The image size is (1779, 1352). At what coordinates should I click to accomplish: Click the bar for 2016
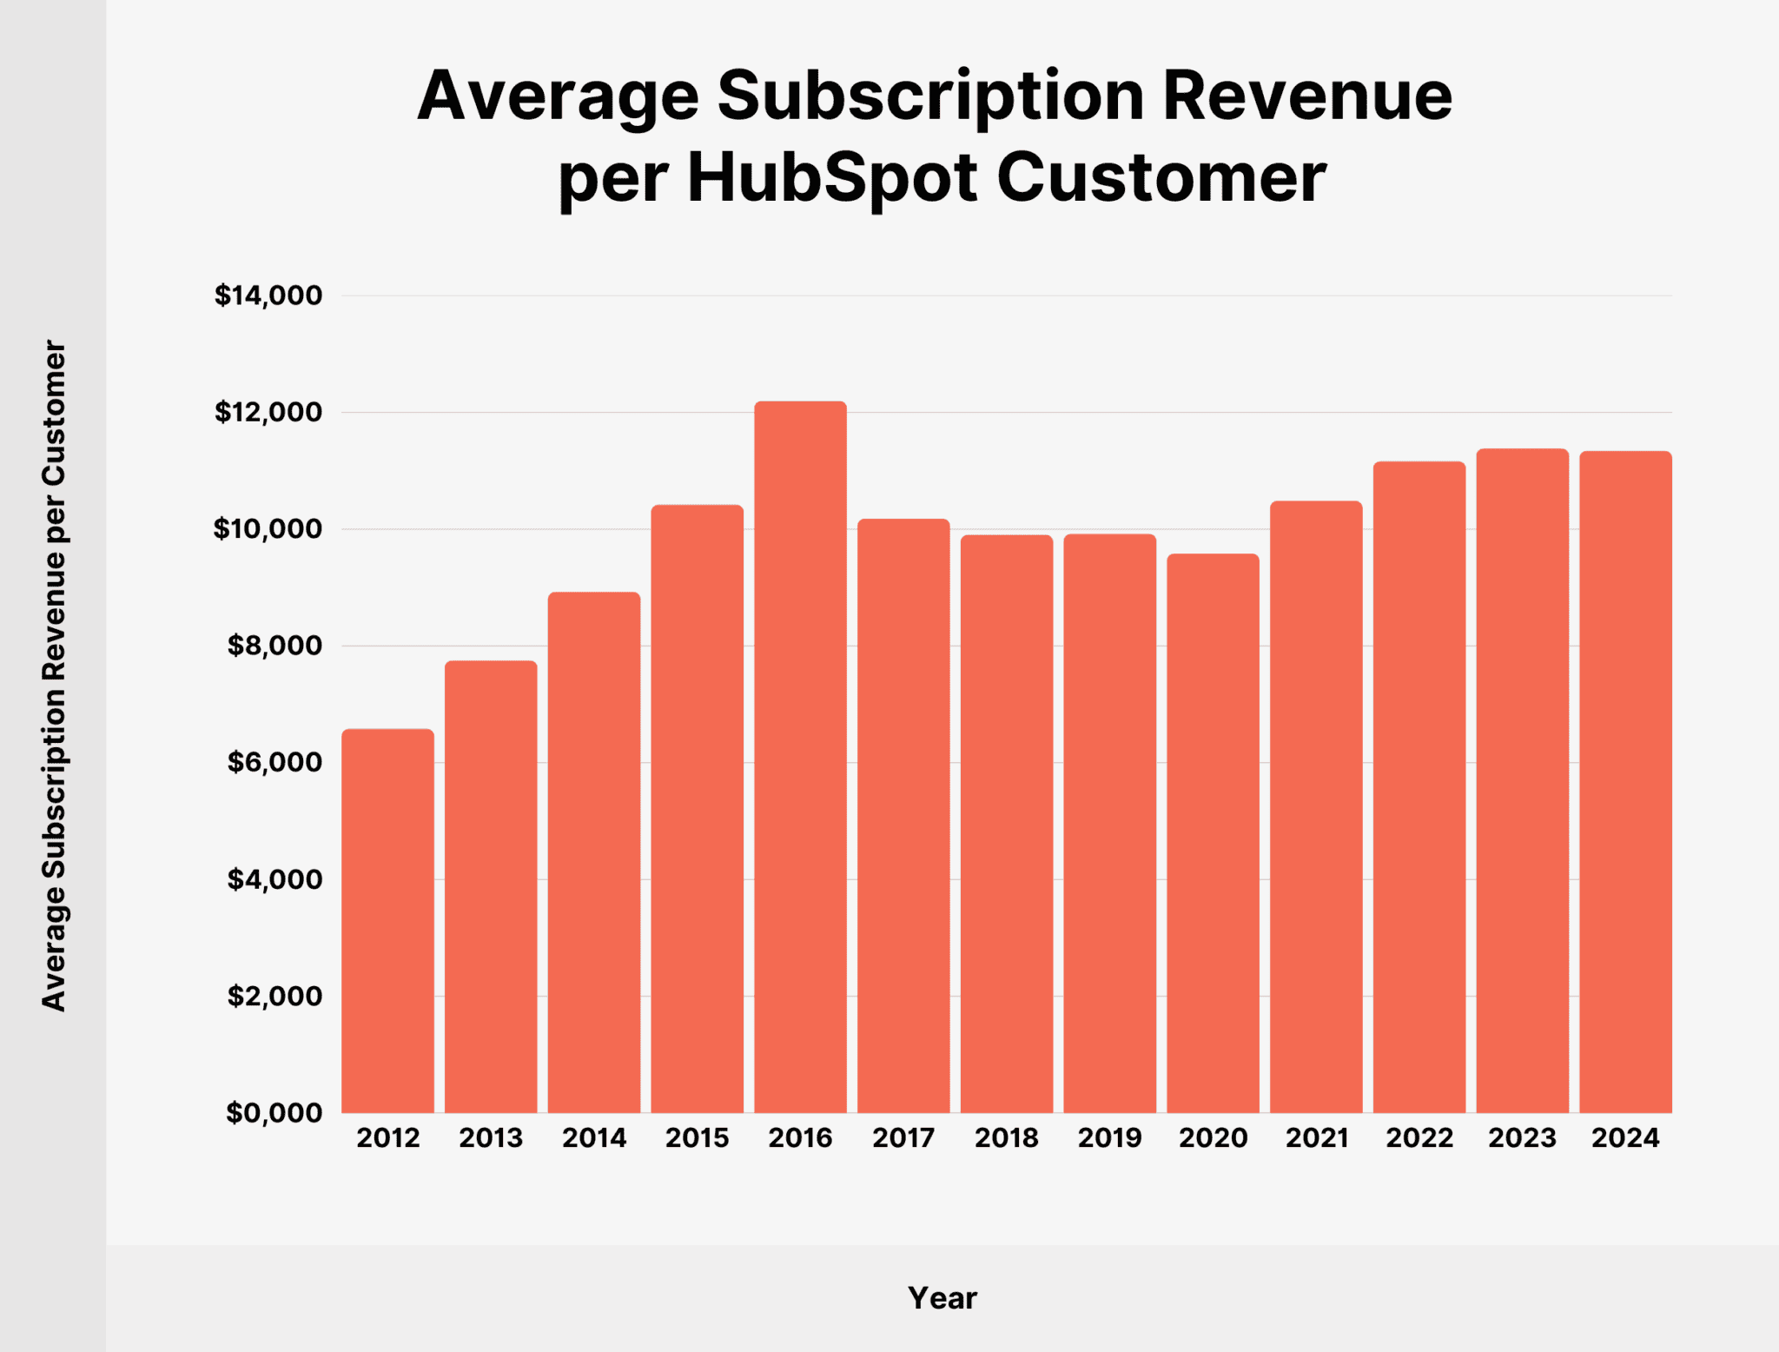800,756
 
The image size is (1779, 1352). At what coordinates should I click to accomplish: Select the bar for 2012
387,921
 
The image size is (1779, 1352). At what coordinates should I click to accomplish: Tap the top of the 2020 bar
1213,555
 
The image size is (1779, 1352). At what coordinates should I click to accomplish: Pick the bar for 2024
1625,782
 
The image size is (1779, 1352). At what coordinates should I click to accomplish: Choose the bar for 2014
594,852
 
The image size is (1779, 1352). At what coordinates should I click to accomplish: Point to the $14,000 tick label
268,295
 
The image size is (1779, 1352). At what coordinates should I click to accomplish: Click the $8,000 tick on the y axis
274,646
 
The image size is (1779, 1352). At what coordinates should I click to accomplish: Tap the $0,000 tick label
274,1113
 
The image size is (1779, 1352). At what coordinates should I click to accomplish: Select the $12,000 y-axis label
268,412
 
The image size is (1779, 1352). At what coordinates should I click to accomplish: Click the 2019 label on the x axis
1109,1138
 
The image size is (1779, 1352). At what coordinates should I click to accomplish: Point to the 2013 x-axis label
491,1138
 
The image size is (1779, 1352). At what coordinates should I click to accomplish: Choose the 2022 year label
1419,1138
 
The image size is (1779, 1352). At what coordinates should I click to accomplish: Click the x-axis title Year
942,1298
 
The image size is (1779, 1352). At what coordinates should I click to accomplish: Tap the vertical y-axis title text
54,675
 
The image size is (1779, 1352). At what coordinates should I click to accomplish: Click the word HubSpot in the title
833,178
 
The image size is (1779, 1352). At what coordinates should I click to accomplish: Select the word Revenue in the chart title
1307,96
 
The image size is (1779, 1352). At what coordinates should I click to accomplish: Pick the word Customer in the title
1161,178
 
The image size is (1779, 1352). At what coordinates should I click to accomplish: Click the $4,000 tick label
274,879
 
